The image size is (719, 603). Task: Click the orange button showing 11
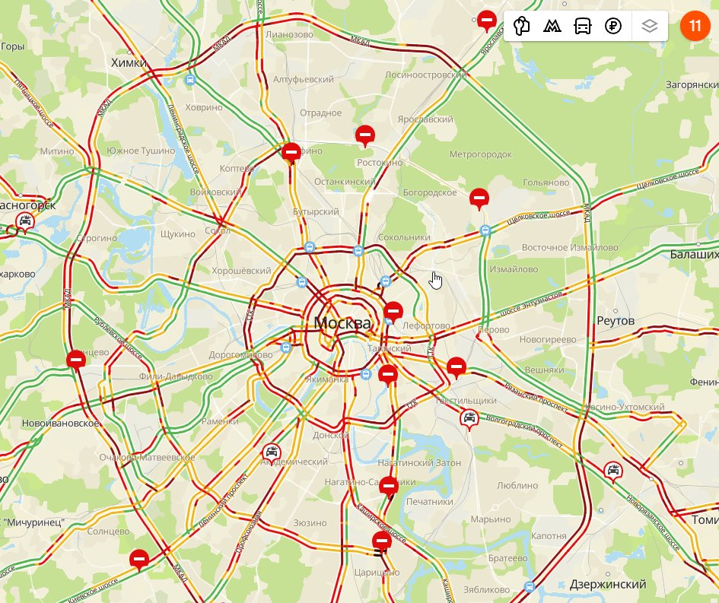[694, 26]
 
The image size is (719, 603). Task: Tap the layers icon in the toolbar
[648, 26]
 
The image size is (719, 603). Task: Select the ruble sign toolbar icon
[613, 26]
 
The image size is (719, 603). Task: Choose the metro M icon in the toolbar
[552, 26]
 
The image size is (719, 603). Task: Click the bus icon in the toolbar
[583, 26]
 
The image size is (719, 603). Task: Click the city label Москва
[342, 323]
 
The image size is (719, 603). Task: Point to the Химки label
[128, 62]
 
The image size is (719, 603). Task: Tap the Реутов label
[616, 321]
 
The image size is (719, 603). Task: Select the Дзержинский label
[608, 584]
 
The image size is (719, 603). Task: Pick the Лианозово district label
[289, 35]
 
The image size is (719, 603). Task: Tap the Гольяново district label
[546, 182]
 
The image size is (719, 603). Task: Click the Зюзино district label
[310, 523]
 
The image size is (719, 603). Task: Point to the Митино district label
[58, 151]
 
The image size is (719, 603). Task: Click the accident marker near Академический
[272, 453]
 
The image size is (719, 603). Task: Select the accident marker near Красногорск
[25, 222]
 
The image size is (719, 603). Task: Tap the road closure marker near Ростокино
[365, 136]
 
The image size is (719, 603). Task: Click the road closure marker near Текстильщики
[456, 367]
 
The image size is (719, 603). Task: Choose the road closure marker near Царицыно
[382, 541]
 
